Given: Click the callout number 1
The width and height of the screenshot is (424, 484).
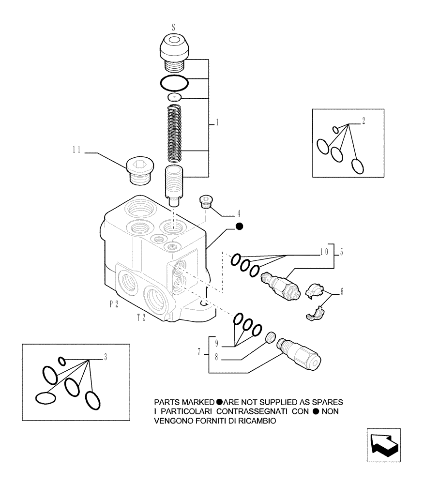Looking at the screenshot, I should tap(217, 124).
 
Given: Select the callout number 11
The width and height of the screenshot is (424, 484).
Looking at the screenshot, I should tap(76, 151).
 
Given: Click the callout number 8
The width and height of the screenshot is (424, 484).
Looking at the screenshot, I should tap(216, 358).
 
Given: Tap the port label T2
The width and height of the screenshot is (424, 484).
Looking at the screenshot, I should tap(141, 318).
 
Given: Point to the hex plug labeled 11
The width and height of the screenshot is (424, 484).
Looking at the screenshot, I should tap(139, 170).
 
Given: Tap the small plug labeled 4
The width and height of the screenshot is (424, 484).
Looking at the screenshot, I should tap(207, 200).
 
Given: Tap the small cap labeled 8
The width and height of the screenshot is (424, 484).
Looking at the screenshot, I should tap(272, 337).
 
